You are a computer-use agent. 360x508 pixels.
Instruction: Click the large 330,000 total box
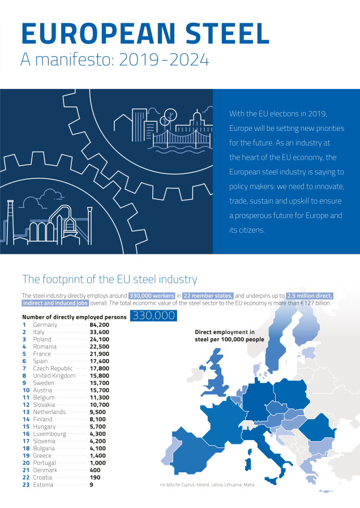153,316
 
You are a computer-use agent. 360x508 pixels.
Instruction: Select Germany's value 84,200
100,325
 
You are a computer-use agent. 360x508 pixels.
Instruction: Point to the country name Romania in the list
45,347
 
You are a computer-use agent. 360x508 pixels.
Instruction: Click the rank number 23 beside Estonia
25,485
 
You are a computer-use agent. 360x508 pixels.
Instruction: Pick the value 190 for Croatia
95,477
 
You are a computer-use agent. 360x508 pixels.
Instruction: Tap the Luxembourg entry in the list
50,434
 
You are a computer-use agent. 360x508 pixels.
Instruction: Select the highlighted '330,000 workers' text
151,296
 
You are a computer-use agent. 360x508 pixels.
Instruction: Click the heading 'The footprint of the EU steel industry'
109,279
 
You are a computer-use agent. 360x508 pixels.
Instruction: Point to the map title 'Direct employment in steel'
229,335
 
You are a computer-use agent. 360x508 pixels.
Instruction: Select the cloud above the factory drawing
51,195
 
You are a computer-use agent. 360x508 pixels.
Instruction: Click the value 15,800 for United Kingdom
100,375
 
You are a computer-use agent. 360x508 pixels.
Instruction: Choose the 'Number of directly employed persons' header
74,317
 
